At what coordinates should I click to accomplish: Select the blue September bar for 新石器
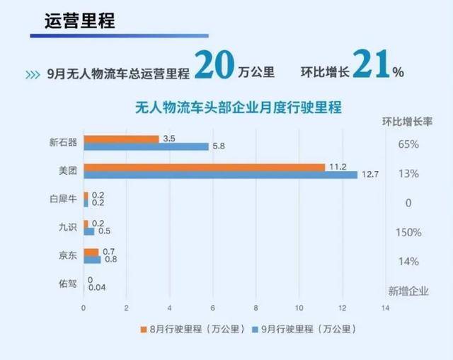click(x=146, y=146)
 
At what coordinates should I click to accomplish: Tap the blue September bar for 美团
click(x=220, y=175)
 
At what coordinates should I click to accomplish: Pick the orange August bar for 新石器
click(x=121, y=138)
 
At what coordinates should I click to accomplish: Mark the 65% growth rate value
click(x=408, y=144)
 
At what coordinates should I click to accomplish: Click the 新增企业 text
click(x=408, y=290)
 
